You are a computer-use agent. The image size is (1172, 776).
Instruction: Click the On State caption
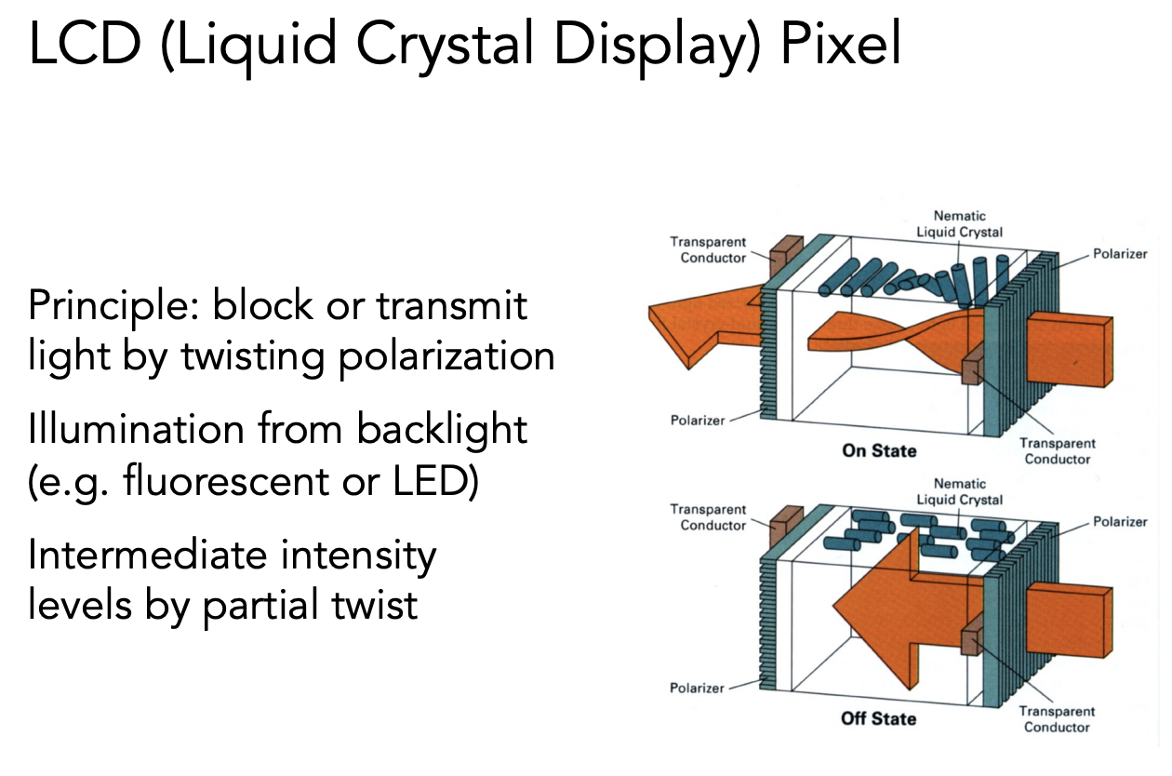click(879, 451)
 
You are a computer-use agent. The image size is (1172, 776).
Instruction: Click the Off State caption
click(879, 719)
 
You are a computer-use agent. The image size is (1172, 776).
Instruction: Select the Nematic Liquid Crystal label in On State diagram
click(960, 224)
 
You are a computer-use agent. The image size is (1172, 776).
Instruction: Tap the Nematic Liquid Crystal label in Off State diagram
click(960, 492)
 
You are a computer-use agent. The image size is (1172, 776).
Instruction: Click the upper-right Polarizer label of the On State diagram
click(1120, 254)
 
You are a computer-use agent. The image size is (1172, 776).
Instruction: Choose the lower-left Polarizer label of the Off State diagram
click(698, 689)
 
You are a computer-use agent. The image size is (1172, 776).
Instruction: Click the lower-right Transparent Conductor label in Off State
click(1057, 719)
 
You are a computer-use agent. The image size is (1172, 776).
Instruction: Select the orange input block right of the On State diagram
click(1070, 345)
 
